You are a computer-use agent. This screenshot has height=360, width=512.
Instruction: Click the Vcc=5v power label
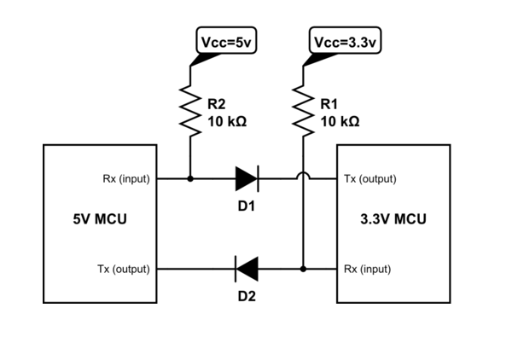pos(224,41)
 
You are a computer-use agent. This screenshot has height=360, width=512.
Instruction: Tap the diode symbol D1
pos(246,179)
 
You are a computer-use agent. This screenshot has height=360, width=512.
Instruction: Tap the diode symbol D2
pos(246,270)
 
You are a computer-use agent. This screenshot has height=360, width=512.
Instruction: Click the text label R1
pos(329,105)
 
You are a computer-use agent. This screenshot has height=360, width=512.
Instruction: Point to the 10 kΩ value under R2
pos(227,122)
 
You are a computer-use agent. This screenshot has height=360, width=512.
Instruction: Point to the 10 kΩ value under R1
pos(340,122)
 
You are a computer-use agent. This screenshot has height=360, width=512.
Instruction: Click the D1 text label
pos(247,206)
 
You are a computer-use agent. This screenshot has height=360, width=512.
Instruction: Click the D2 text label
pos(247,297)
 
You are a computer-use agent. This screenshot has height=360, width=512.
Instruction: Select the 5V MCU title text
pos(101,219)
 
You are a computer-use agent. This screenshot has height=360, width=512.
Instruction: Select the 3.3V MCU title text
pos(394,219)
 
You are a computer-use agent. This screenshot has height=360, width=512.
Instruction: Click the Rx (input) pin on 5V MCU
pos(125,179)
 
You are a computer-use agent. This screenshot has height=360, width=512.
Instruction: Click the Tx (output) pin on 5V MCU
pos(125,270)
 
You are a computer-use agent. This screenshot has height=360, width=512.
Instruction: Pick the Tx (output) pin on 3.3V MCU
pos(369,179)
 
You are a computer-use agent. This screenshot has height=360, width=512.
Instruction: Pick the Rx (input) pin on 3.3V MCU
pos(367,270)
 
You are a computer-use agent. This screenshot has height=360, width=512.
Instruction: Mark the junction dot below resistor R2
pos(189,179)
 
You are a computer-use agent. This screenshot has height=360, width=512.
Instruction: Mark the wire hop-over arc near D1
pos(303,177)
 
